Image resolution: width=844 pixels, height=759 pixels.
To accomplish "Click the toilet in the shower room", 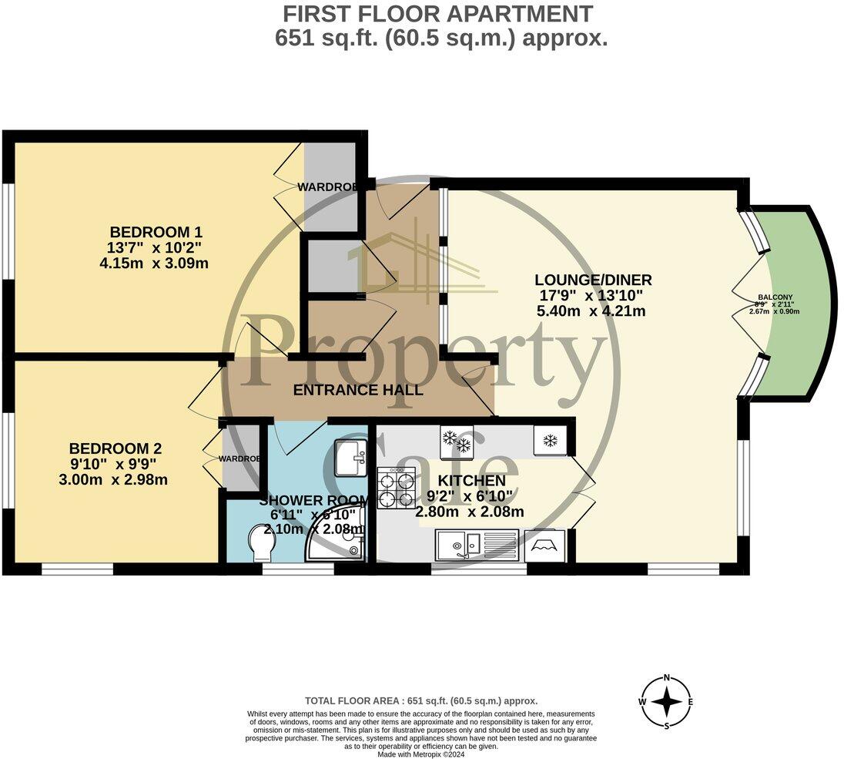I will point(262,544).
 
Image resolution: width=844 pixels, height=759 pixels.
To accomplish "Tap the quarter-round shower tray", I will point(339,544).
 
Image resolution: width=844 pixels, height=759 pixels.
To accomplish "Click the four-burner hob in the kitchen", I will point(396,488).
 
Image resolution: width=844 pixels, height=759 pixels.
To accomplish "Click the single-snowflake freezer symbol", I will point(550,441).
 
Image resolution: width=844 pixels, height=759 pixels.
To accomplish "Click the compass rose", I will point(667,702).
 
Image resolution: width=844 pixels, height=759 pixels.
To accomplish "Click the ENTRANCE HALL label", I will point(358,391).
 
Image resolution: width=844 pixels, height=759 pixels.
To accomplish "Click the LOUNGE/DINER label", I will point(594,280).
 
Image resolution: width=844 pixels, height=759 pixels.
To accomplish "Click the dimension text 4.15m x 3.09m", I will point(160,264).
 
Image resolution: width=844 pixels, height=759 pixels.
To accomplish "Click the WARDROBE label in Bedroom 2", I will point(239,458).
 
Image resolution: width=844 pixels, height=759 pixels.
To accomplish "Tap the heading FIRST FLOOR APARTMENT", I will point(438,14).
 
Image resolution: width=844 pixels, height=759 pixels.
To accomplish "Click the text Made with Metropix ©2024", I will point(420,754).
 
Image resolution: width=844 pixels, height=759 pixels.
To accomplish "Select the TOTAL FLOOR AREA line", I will point(420,701).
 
